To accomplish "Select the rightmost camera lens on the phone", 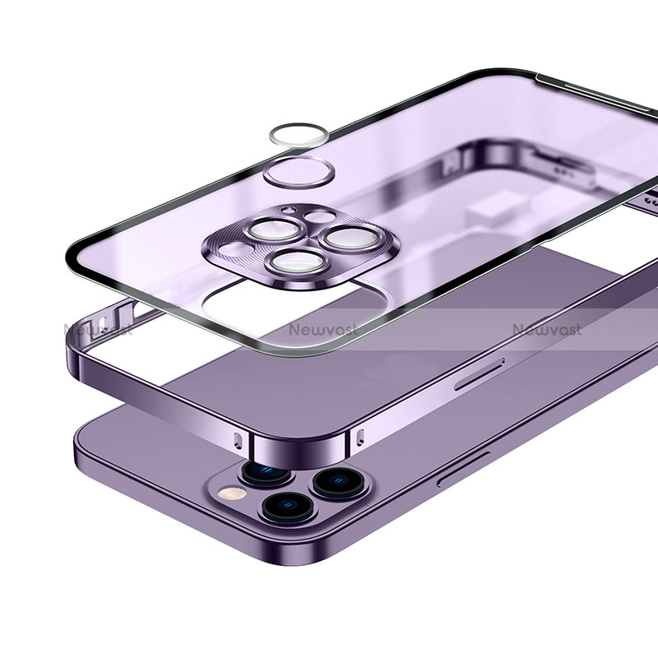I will click(x=334, y=480).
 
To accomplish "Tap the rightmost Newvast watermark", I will click(x=546, y=329).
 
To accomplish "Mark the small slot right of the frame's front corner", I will click(x=360, y=434).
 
